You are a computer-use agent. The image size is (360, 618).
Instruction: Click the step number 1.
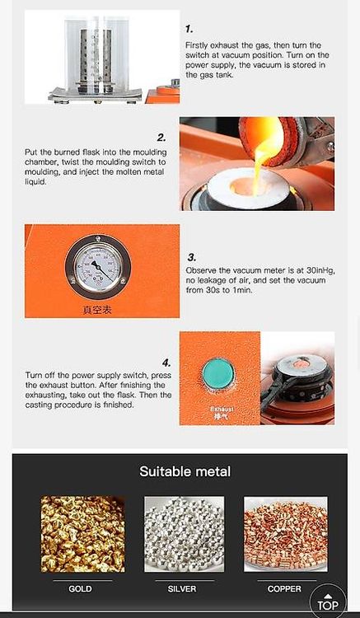[x=189, y=29]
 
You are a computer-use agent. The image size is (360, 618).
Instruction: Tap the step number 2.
[x=161, y=138]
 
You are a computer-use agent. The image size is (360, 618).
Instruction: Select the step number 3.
[x=191, y=258]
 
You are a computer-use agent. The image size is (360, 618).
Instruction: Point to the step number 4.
[x=166, y=363]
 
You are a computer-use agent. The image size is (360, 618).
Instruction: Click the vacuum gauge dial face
[x=98, y=268]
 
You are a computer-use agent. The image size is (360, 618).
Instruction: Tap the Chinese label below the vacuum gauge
[x=97, y=310]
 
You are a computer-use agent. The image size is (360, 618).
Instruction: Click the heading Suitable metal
[x=185, y=471]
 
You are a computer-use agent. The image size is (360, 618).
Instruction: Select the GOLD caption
[x=81, y=589]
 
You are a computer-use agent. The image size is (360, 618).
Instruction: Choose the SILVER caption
[x=182, y=589]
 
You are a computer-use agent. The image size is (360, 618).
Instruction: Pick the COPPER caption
[x=284, y=589]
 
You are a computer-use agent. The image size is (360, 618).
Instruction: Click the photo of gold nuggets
[x=82, y=534]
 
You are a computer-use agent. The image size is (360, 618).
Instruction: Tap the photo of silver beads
[x=185, y=534]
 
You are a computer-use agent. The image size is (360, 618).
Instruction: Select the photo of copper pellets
[x=286, y=534]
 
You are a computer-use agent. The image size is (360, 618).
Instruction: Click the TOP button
[x=328, y=602]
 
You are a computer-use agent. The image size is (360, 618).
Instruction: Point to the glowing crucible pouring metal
[x=270, y=141]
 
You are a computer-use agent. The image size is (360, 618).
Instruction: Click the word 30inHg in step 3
[x=320, y=270]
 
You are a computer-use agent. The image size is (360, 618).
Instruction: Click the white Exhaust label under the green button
[x=222, y=409]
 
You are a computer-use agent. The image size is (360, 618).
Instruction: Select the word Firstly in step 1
[x=198, y=45]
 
